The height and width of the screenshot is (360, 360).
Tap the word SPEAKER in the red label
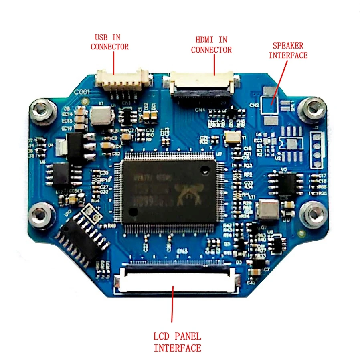(x=288, y=45)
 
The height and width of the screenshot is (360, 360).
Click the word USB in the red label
(x=101, y=37)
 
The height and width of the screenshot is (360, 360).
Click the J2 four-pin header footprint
(x=318, y=151)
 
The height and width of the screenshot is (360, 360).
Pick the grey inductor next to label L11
(x=268, y=210)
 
